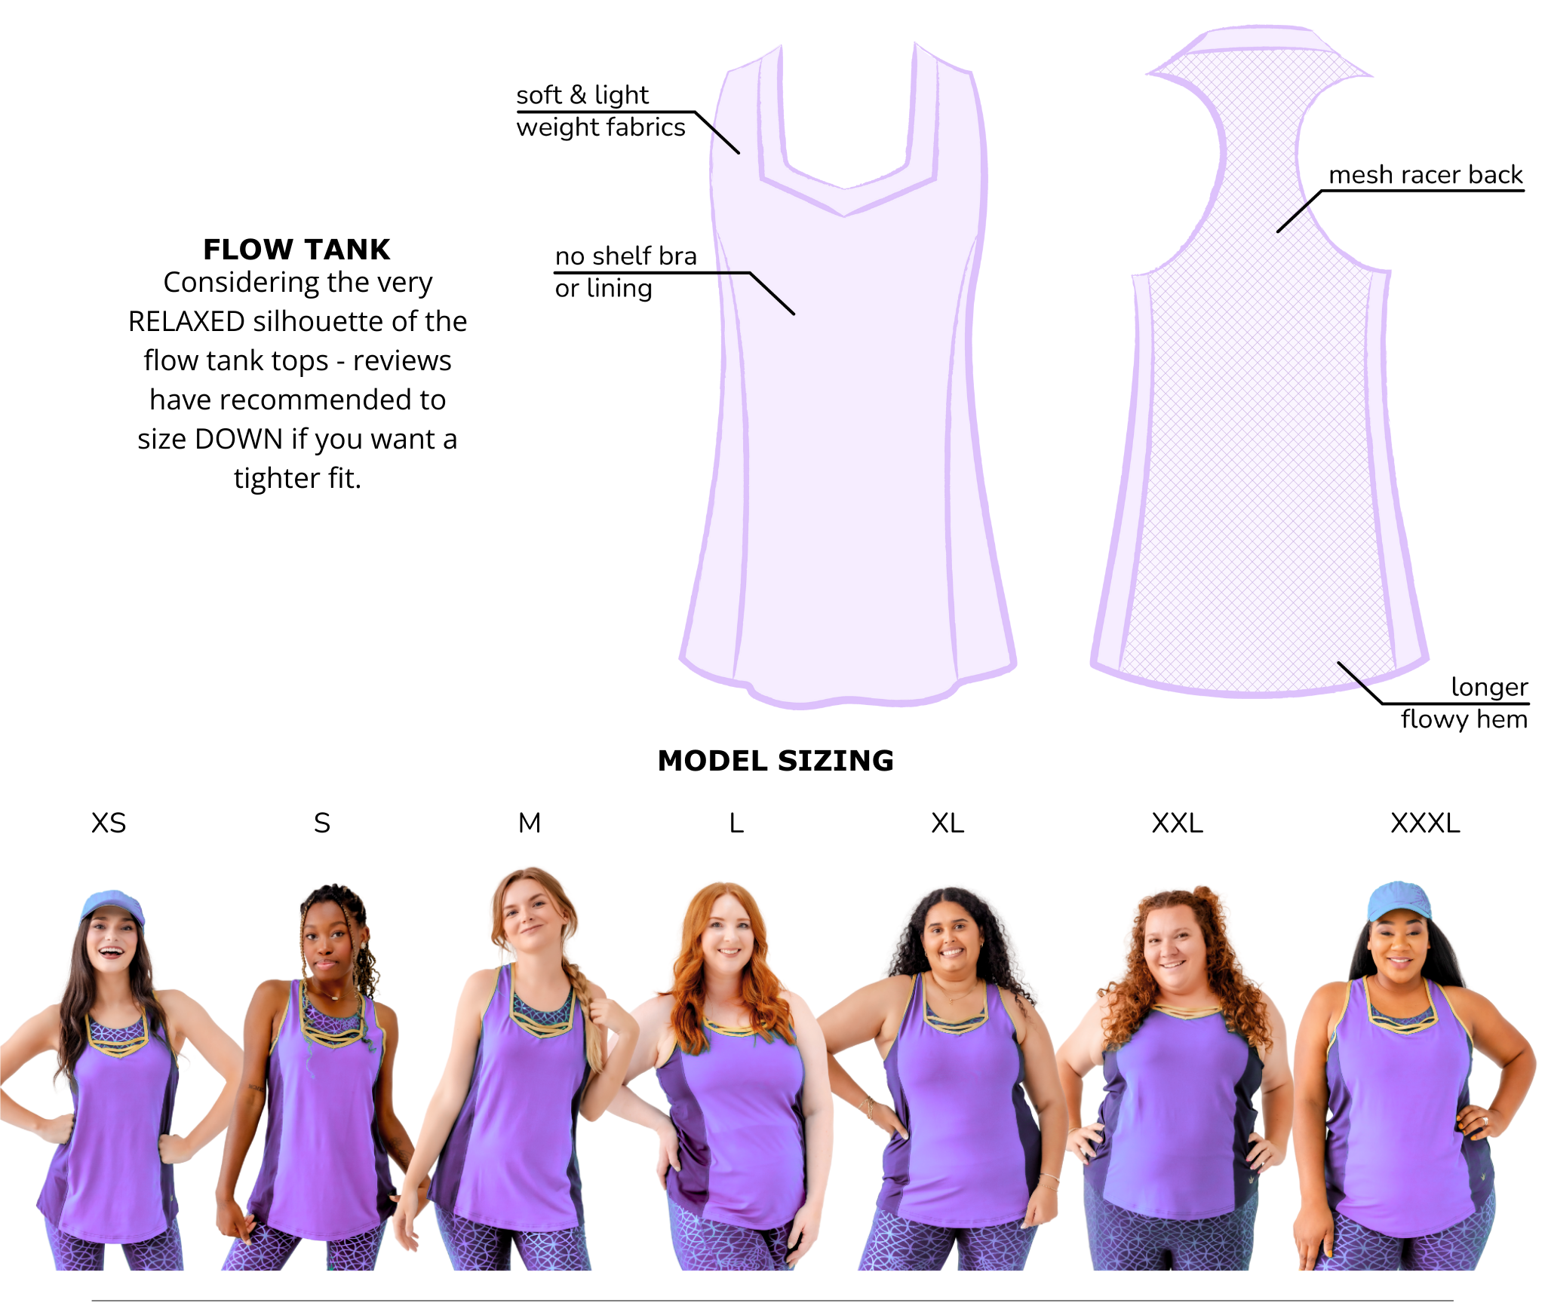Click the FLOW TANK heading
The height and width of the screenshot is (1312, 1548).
tap(296, 250)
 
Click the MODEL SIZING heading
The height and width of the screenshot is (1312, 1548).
tap(776, 761)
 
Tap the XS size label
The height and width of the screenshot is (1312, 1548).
tap(109, 823)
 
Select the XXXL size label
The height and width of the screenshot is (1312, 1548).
tap(1425, 823)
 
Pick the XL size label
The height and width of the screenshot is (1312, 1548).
tap(948, 823)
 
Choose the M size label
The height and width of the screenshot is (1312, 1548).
tap(530, 823)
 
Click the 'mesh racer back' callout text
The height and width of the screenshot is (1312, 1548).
tap(1426, 175)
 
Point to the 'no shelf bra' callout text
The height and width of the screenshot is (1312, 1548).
tap(626, 256)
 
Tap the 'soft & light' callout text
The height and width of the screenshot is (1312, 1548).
tap(582, 95)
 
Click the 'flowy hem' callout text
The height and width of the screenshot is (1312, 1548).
tap(1464, 719)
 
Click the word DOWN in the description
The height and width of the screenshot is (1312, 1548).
tap(238, 439)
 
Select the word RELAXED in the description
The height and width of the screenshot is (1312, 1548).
tap(186, 321)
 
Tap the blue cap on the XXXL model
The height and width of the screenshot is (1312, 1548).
tap(1400, 900)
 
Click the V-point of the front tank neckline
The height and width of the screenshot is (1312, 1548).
tap(845, 216)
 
